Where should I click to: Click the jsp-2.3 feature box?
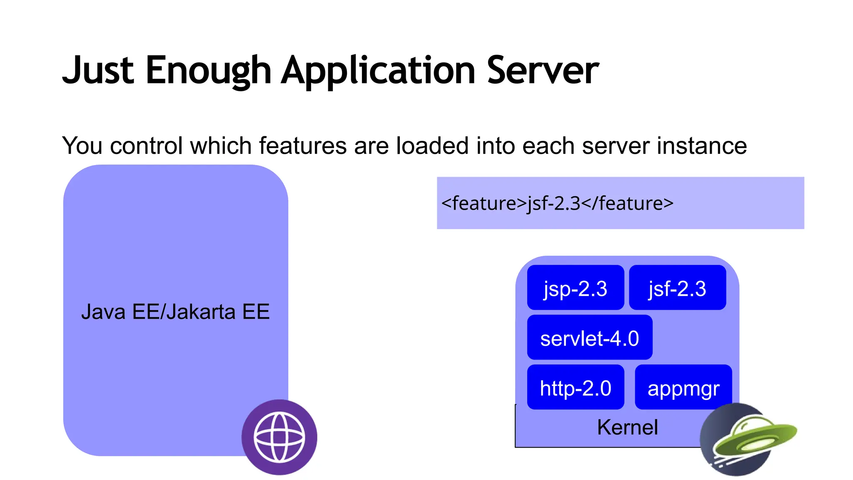point(575,288)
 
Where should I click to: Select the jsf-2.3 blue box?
point(677,288)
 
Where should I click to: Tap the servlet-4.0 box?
point(589,337)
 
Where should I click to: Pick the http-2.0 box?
point(575,387)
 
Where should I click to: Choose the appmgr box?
point(683,387)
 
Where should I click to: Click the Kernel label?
point(627,427)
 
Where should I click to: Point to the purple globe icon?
point(279,437)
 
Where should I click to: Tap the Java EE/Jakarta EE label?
point(175,312)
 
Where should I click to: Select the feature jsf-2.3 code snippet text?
point(557,203)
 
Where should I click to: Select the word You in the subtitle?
point(82,146)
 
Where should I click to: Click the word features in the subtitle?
point(303,146)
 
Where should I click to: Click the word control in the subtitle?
point(146,146)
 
